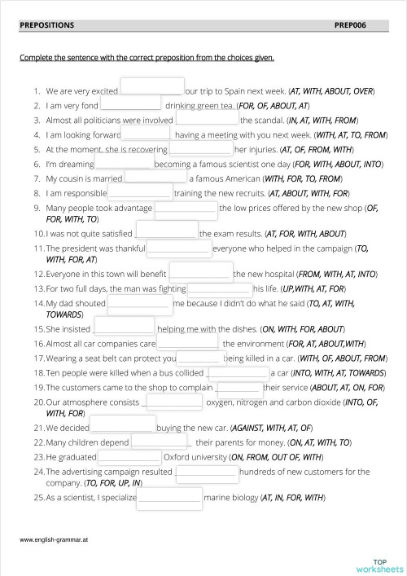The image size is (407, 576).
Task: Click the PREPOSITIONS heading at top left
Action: (x=46, y=25)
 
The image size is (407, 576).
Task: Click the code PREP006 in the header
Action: (x=351, y=25)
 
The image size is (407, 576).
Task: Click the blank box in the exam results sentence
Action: (x=166, y=231)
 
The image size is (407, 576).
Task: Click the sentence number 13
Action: (x=38, y=288)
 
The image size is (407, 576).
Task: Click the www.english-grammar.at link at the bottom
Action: (x=48, y=539)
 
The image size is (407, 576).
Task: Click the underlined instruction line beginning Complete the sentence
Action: (x=147, y=58)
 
